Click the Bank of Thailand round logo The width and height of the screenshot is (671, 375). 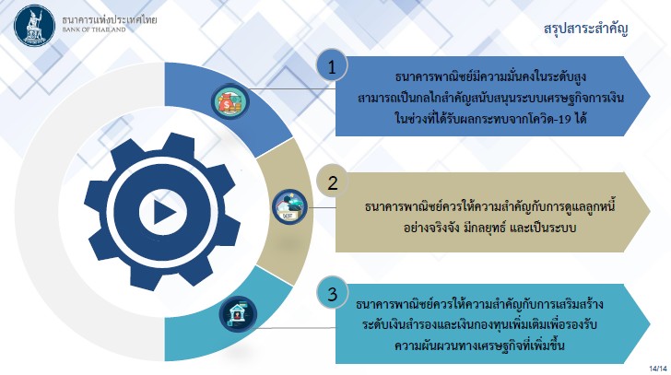pyautogui.click(x=35, y=25)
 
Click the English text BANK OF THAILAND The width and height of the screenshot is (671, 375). pyautogui.click(x=94, y=29)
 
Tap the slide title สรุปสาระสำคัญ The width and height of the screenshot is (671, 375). pyautogui.click(x=586, y=29)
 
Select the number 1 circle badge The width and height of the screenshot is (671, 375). pyautogui.click(x=332, y=66)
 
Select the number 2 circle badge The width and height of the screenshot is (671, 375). pyautogui.click(x=332, y=182)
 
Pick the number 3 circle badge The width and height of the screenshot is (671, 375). pyautogui.click(x=332, y=294)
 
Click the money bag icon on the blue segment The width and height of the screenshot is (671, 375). pyautogui.click(x=230, y=101)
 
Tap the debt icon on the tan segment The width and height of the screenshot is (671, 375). pyautogui.click(x=289, y=207)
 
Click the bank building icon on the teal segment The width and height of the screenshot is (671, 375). pyautogui.click(x=238, y=314)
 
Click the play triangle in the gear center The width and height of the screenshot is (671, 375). pyautogui.click(x=164, y=212)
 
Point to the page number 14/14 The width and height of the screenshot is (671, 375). pyautogui.click(x=658, y=369)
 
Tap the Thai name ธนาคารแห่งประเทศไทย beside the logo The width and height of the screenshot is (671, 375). pyautogui.click(x=110, y=19)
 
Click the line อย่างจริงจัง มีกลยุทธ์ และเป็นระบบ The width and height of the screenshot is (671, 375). pyautogui.click(x=490, y=227)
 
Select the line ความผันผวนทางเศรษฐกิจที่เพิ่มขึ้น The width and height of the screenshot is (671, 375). pyautogui.click(x=479, y=345)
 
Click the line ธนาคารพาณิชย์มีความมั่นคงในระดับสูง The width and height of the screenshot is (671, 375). pyautogui.click(x=490, y=77)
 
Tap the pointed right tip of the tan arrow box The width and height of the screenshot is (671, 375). pyautogui.click(x=650, y=212)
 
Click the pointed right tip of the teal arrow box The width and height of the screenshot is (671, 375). pyautogui.click(x=650, y=323)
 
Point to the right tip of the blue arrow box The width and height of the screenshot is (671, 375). pyautogui.click(x=650, y=96)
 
